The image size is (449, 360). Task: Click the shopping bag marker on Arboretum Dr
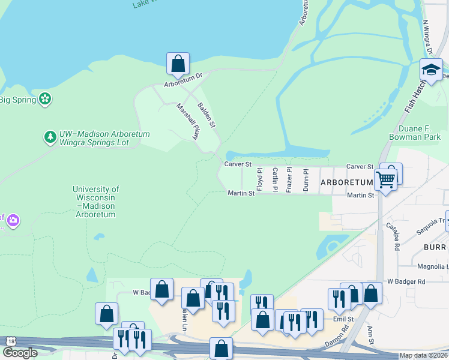point(178,63)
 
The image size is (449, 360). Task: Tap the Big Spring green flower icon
point(44,98)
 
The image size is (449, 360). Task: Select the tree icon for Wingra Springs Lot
point(50,138)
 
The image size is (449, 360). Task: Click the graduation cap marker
point(431,70)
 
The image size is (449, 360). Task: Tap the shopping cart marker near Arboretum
point(385,178)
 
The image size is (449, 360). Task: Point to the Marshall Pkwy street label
point(187,122)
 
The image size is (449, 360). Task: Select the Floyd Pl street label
point(260,179)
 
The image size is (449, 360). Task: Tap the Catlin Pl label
point(275,179)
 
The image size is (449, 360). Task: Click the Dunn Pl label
point(305,179)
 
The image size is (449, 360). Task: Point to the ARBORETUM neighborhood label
point(347,182)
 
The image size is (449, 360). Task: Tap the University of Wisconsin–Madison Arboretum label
point(95,201)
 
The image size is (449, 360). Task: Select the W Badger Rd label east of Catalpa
point(406,281)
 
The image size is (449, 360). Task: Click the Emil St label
point(346,320)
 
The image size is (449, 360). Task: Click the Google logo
point(19,353)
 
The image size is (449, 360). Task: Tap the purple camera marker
point(12,221)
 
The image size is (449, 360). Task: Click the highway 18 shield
point(10,341)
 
